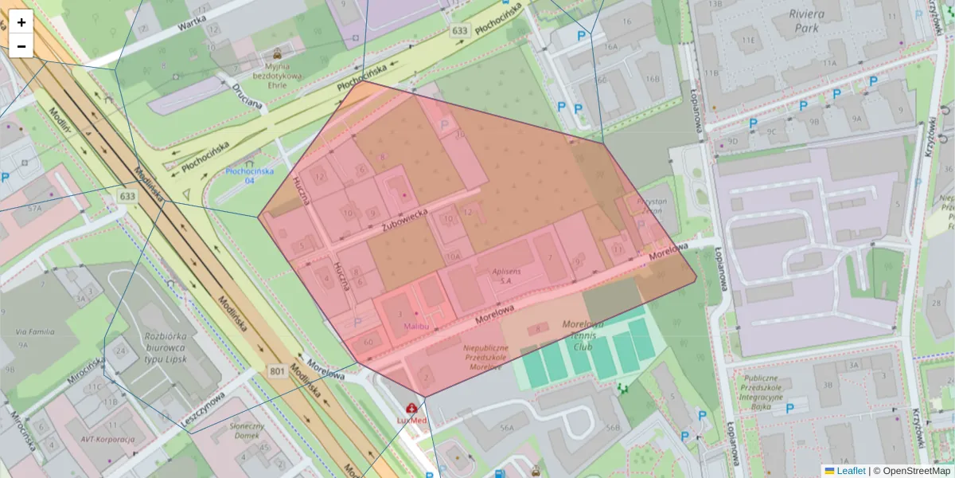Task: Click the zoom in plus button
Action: pyautogui.click(x=21, y=22)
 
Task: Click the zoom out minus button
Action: pyautogui.click(x=21, y=46)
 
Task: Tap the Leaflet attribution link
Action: pyautogui.click(x=850, y=471)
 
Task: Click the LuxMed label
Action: pyautogui.click(x=412, y=419)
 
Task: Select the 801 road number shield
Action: pyautogui.click(x=277, y=370)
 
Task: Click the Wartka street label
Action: pyautogui.click(x=192, y=26)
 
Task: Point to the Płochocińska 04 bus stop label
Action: pyautogui.click(x=249, y=176)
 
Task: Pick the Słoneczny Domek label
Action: pyautogui.click(x=229, y=431)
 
